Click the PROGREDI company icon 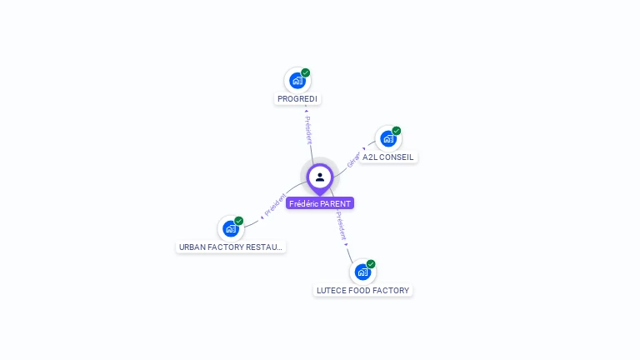(297, 81)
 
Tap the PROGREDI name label (297, 99)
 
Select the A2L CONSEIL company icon (388, 139)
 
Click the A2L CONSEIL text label (388, 157)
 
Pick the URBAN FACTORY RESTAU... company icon (231, 229)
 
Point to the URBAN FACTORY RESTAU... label (231, 247)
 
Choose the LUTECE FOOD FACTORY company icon (362, 272)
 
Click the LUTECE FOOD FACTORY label (363, 291)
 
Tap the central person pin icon (320, 177)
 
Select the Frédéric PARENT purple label (320, 203)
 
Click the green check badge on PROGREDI (306, 72)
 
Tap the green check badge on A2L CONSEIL (397, 131)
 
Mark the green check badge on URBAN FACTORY (239, 221)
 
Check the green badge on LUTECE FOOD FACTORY (371, 264)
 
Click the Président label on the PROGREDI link (307, 130)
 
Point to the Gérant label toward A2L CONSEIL (353, 159)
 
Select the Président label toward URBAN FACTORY (275, 205)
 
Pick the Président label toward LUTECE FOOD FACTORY (341, 226)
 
